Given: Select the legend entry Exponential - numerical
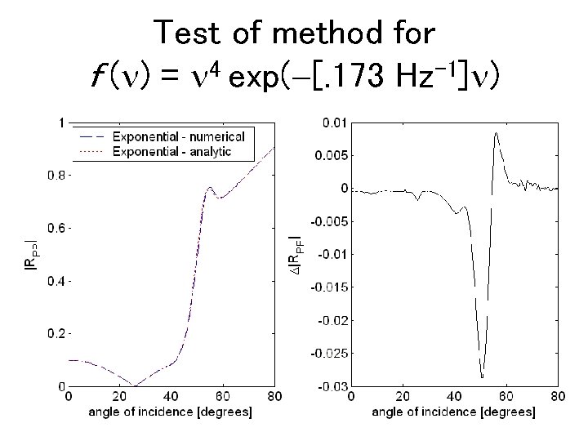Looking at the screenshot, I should pos(184,135).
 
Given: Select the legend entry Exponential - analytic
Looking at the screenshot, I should pos(172,151).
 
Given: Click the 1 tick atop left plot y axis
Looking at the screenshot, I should pos(62,122).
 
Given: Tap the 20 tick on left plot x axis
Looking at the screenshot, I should pos(119,396).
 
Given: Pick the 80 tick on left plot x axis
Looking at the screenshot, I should pos(274,396).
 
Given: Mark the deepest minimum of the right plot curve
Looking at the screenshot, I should pos(482,376).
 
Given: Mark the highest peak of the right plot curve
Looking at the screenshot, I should pos(496,133).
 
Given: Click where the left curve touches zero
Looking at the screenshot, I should pos(136,385).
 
